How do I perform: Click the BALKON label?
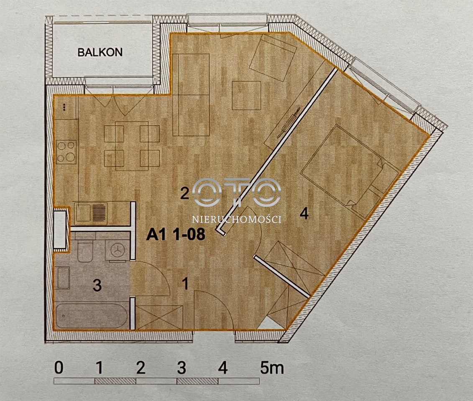(100, 52)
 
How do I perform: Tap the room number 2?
(184, 193)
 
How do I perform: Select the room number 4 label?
(304, 213)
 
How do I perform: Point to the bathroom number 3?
(97, 285)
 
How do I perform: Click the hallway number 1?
(186, 284)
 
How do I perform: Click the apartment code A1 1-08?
(176, 234)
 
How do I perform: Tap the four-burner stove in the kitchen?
(66, 152)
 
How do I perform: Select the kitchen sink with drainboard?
(91, 213)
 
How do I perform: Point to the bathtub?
(92, 316)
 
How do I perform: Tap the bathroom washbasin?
(63, 278)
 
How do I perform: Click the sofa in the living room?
(191, 95)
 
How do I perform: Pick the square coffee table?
(246, 96)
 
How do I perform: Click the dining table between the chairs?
(132, 146)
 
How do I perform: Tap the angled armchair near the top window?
(273, 58)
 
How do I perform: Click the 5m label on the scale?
(272, 368)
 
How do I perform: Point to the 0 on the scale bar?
(59, 368)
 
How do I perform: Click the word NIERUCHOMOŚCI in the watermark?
(237, 219)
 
